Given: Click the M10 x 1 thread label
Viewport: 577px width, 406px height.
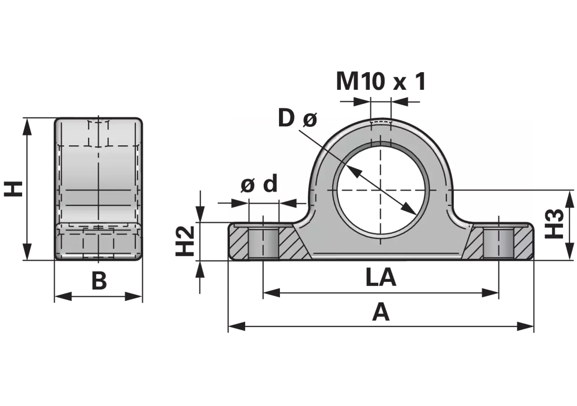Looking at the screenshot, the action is point(381,82).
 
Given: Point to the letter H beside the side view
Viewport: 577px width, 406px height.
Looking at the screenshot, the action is point(13,189).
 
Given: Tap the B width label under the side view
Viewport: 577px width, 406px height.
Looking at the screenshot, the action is point(99,281).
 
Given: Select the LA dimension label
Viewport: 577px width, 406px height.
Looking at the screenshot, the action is point(381,277).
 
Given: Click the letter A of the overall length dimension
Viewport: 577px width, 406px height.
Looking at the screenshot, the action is point(381,313).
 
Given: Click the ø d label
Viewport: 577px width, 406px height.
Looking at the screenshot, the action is point(259,184).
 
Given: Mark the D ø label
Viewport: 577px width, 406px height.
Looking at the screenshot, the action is point(298,119).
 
